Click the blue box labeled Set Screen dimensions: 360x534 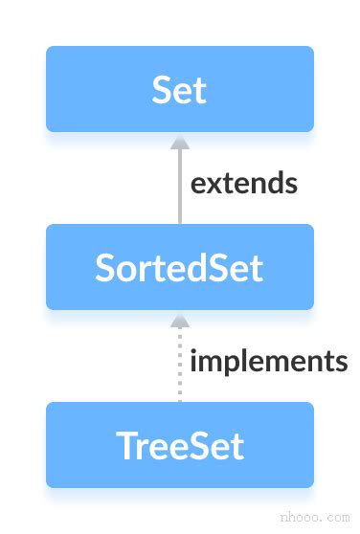point(179,89)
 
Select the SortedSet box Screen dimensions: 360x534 point(179,267)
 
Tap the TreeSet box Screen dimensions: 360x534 point(179,445)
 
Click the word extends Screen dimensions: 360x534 point(243,182)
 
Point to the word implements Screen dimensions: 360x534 point(268,361)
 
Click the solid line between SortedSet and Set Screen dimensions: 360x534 point(179,191)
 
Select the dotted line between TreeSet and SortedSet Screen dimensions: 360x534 point(179,368)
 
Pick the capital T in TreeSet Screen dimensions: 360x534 point(124,445)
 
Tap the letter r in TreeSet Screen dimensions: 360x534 point(140,447)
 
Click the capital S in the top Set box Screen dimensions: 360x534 point(161,89)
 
